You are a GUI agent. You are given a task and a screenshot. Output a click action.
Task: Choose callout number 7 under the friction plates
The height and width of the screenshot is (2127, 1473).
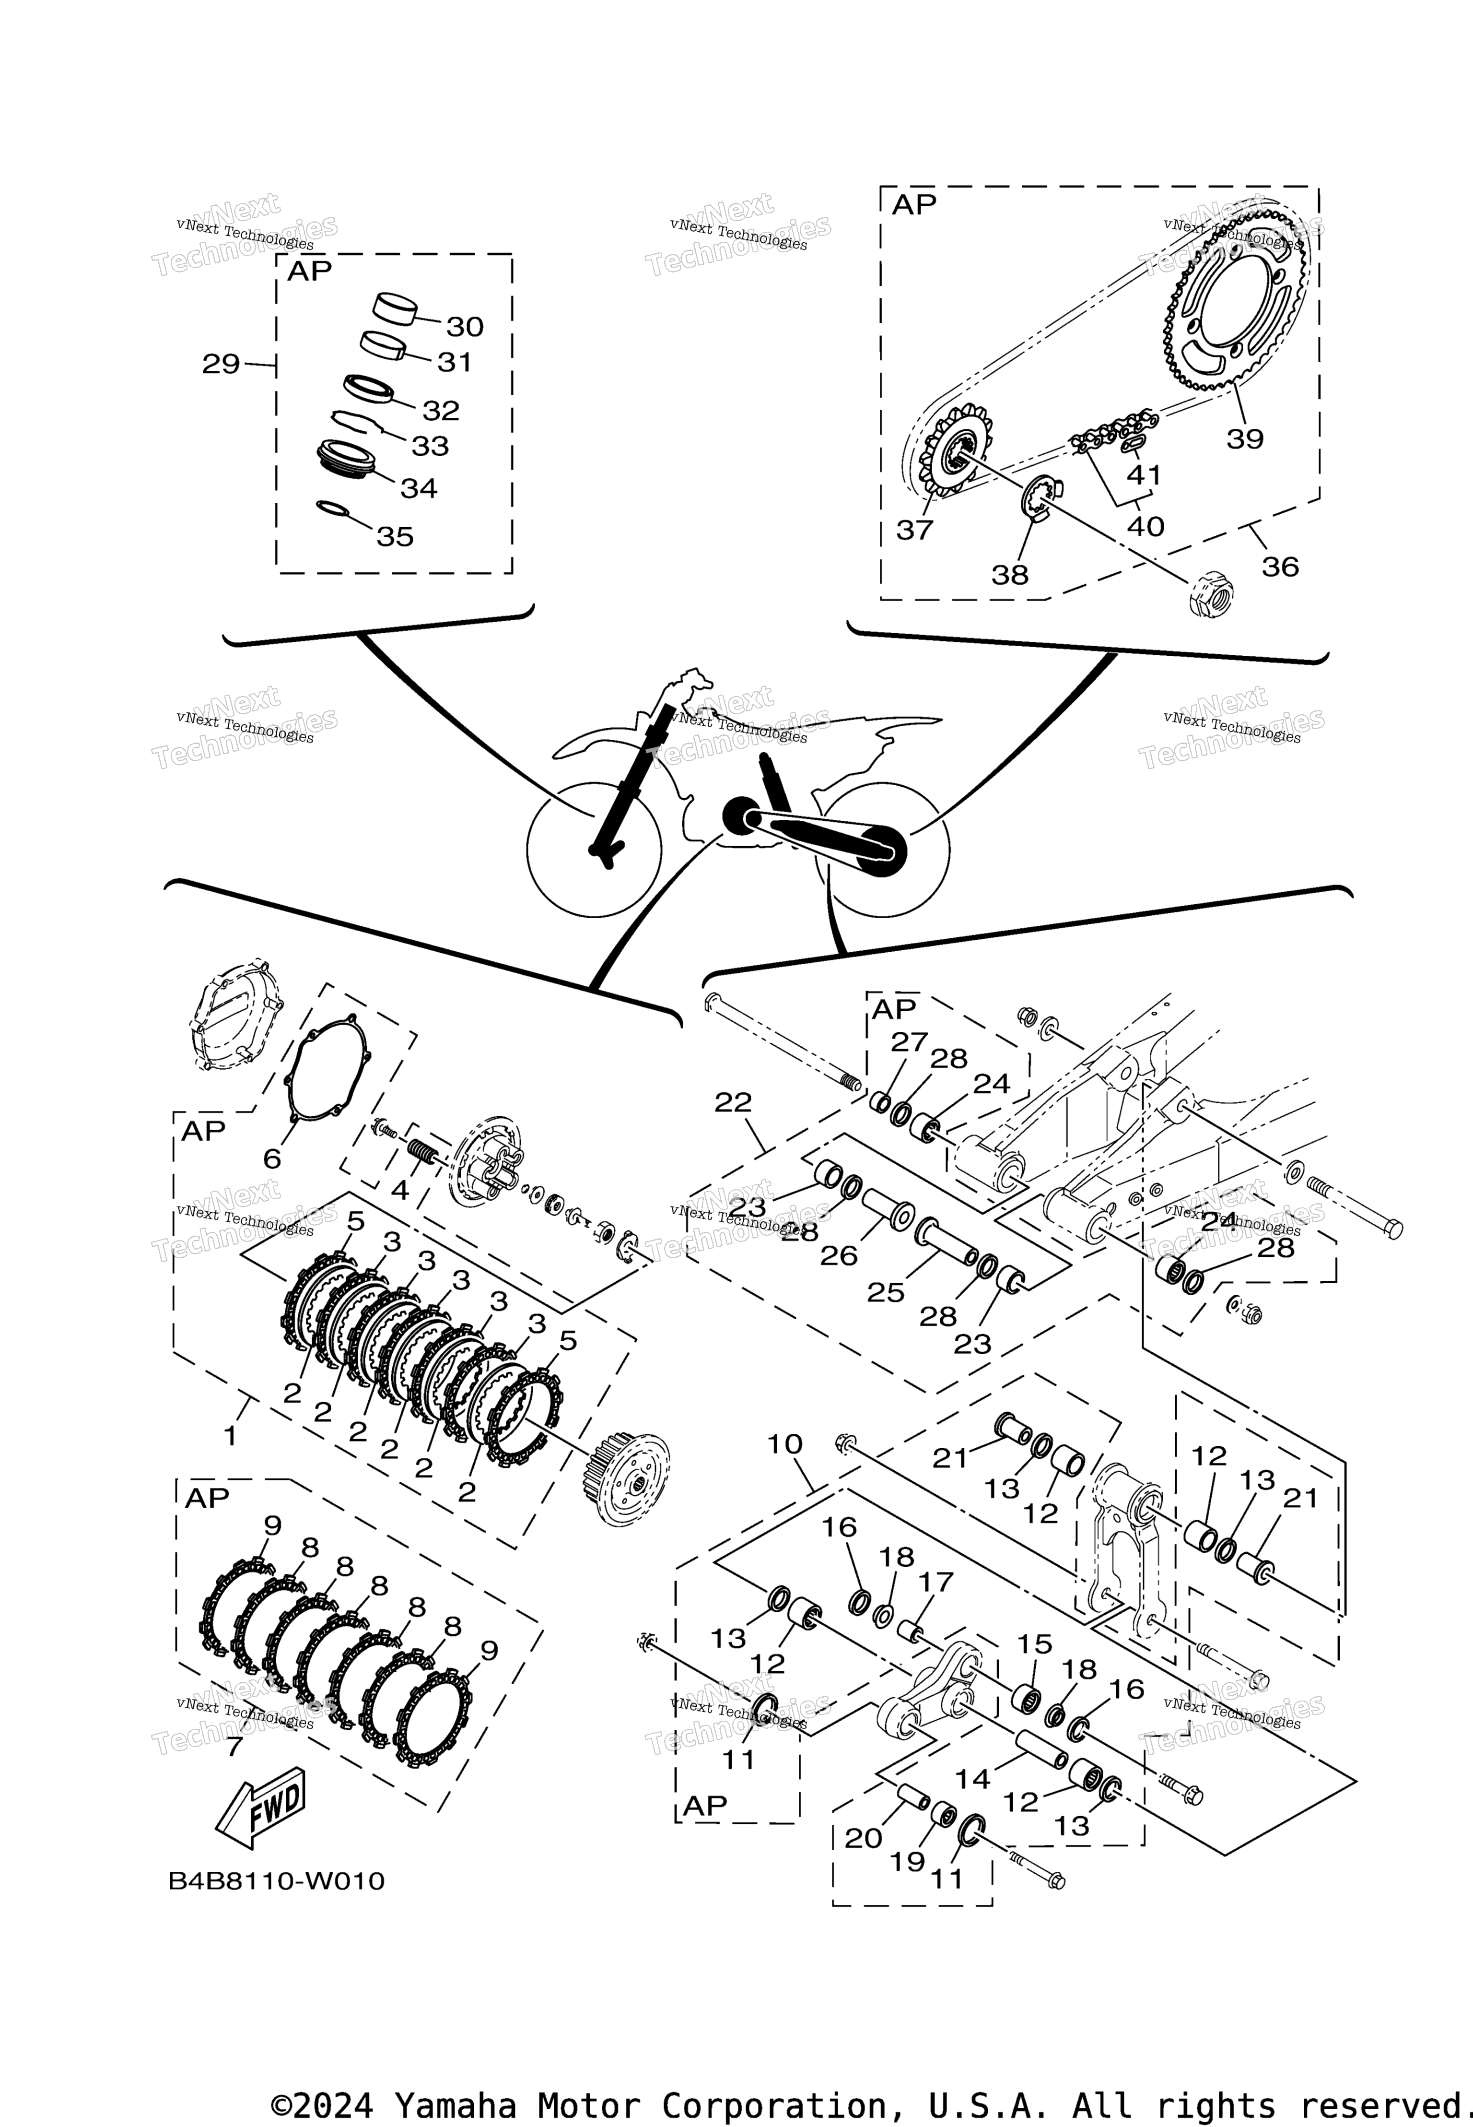[234, 1747]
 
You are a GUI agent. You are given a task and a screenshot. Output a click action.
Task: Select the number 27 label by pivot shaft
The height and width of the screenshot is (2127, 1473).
[908, 1041]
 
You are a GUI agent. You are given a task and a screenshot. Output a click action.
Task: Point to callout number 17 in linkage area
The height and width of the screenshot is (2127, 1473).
[934, 1583]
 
